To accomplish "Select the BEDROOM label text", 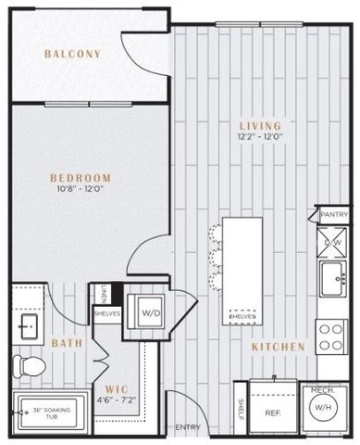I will (81, 177).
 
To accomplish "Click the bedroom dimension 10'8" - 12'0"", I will (81, 190).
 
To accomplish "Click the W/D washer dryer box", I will (150, 313).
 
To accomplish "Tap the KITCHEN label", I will (278, 346).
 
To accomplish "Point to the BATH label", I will (67, 343).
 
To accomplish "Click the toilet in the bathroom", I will (28, 367).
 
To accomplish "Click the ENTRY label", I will (188, 427).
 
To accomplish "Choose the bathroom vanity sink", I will (26, 326).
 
